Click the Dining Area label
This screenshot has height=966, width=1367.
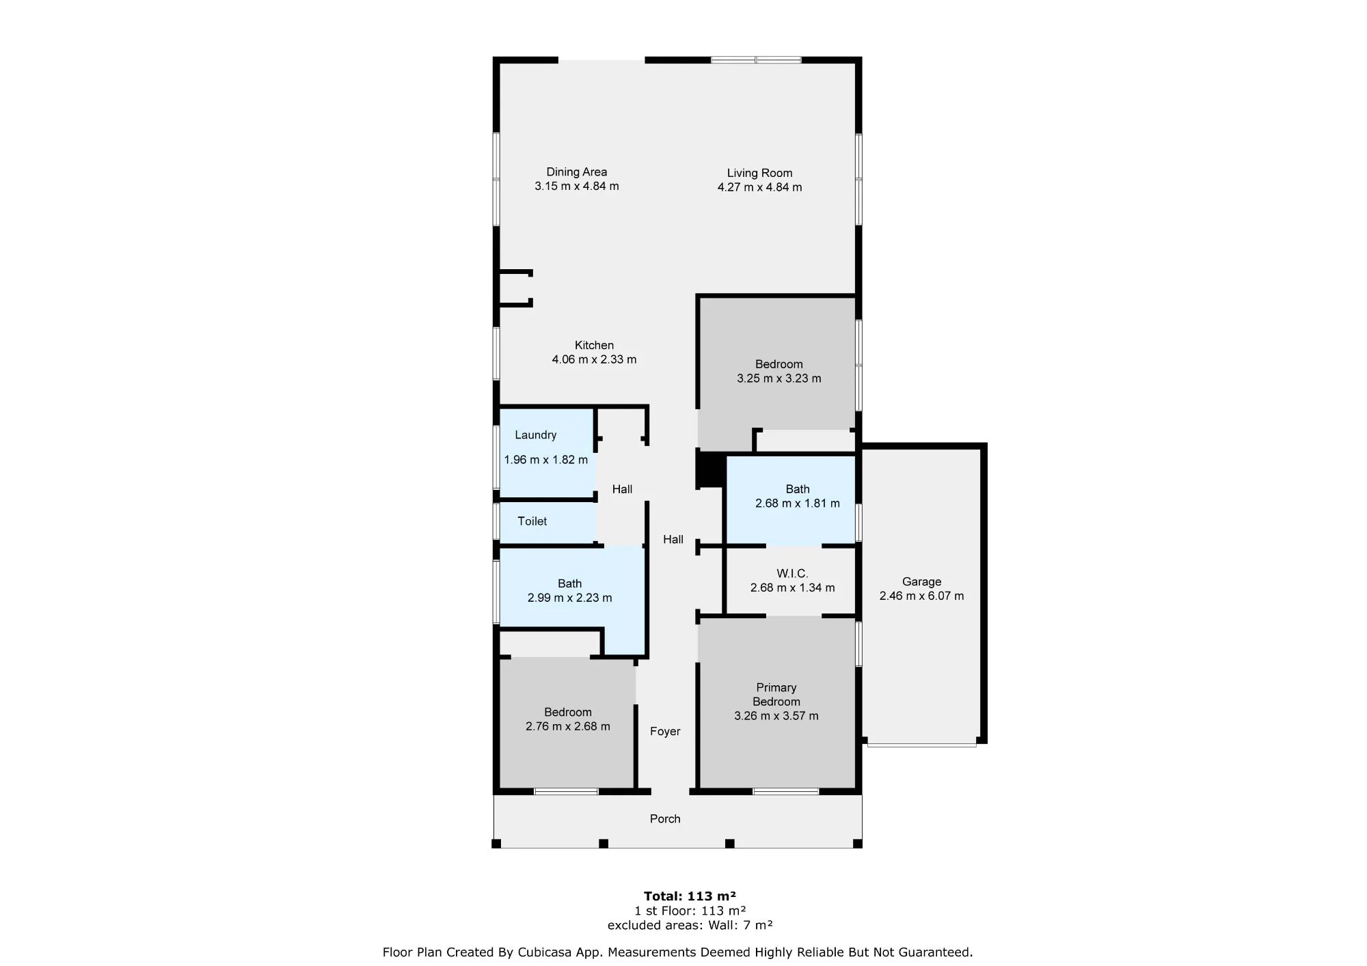point(576,172)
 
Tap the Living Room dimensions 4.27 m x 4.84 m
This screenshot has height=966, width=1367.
point(759,187)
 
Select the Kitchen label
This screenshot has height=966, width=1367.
point(594,346)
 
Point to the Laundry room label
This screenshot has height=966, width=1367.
point(535,435)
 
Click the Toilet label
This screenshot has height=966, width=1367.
point(532,521)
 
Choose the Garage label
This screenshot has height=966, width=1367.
point(921,582)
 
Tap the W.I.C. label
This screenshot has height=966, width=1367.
point(792,574)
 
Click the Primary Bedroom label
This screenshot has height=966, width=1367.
point(776,695)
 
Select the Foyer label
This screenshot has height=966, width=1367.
point(665,732)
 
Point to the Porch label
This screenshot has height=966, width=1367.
point(665,819)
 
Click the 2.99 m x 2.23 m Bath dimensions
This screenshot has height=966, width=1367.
point(569,598)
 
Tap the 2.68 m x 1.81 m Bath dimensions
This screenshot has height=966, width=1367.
point(798,503)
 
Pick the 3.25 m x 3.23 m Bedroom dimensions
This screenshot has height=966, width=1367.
point(779,378)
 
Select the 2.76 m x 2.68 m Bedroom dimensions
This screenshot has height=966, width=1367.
point(568,727)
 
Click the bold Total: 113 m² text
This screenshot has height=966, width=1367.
point(690,896)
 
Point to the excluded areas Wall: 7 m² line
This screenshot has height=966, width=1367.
point(690,925)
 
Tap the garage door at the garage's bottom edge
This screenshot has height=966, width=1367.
point(921,745)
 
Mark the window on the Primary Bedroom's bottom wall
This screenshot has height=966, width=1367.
point(786,791)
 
